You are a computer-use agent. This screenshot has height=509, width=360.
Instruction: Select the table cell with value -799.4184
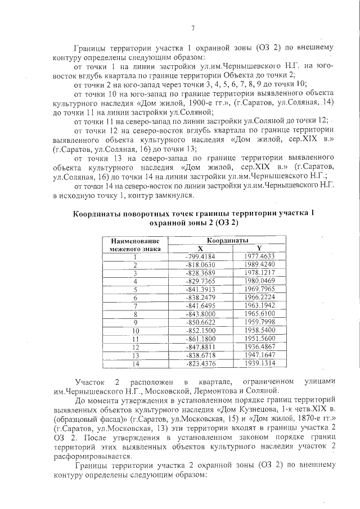pos(200,256)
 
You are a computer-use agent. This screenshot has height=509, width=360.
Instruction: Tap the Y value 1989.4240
pos(259,264)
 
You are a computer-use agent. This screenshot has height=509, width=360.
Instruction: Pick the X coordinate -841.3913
pos(200,289)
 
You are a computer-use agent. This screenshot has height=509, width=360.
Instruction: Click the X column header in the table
pos(200,248)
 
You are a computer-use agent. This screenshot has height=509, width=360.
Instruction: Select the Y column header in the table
pos(259,248)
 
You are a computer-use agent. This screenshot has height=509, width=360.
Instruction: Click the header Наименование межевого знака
pos(136,244)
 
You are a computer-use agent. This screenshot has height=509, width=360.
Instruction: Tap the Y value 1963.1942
pos(259,305)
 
